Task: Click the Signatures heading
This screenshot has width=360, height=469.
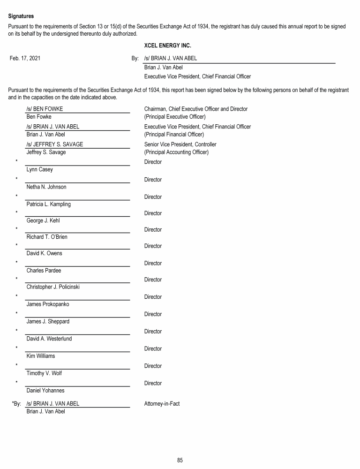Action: pos(21,16)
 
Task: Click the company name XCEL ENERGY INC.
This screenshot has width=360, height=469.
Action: pos(167,46)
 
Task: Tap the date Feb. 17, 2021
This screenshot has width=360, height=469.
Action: pos(25,59)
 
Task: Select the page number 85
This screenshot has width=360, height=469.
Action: pos(180,460)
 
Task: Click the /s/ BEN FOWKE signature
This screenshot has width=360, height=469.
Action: pos(45,109)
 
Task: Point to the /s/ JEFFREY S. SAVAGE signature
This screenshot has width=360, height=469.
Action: pos(55,144)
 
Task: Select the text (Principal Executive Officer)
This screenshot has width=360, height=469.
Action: pos(175,117)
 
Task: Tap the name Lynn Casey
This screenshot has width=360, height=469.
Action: pos(40,169)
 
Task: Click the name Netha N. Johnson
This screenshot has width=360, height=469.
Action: pos(46,187)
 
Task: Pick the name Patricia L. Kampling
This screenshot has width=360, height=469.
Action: pos(49,204)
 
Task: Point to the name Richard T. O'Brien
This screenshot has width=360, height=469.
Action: pos(47,237)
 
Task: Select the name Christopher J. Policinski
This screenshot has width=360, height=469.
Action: pos(53,287)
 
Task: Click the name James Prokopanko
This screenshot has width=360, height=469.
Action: pos(48,304)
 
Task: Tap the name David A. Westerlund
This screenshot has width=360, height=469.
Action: pos(49,339)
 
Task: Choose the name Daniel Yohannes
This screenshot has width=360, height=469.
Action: pos(45,390)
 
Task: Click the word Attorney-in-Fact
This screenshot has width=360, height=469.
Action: pos(162,404)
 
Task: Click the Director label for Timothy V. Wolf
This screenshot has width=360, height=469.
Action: pos(153,366)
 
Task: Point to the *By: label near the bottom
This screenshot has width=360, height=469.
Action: pos(16,404)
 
